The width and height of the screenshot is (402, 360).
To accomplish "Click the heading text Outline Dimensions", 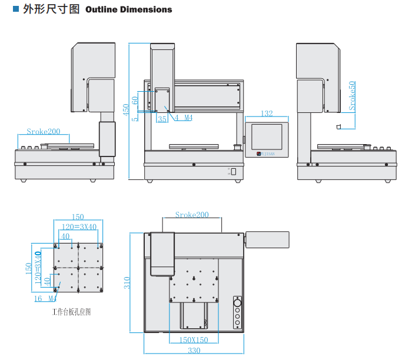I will click(129, 9).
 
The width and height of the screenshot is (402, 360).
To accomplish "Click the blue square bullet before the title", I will click(16, 9).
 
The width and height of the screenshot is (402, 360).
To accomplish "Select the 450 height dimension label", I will click(125, 111).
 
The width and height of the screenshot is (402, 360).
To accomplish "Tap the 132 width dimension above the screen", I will click(266, 113).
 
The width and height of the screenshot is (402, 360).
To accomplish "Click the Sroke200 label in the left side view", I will click(44, 132).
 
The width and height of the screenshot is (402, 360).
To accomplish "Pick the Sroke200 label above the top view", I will click(192, 215).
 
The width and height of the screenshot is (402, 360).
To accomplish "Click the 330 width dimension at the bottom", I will click(194, 351).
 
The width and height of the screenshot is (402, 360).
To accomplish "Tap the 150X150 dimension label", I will click(194, 340).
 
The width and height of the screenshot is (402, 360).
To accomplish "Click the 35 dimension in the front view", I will click(162, 118).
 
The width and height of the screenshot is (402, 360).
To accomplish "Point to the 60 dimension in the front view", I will click(135, 101).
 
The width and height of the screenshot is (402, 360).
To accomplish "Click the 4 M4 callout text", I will click(184, 118).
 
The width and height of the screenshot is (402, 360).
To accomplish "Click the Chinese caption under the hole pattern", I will click(71, 312).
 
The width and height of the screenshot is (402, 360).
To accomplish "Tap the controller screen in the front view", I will click(266, 137).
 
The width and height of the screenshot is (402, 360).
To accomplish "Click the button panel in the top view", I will click(237, 311).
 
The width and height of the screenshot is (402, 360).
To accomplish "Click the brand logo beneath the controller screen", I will click(266, 154).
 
